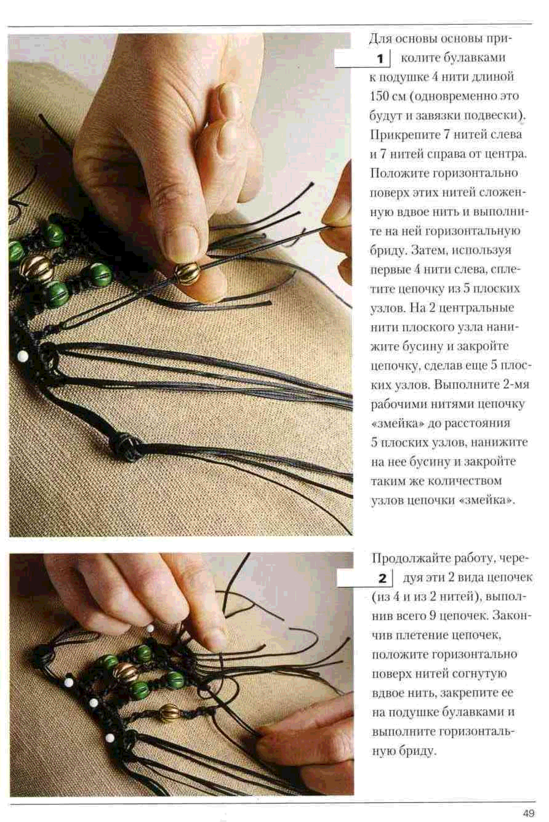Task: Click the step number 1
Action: point(381,59)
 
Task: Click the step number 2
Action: point(382,578)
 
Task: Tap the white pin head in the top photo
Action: point(23,356)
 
